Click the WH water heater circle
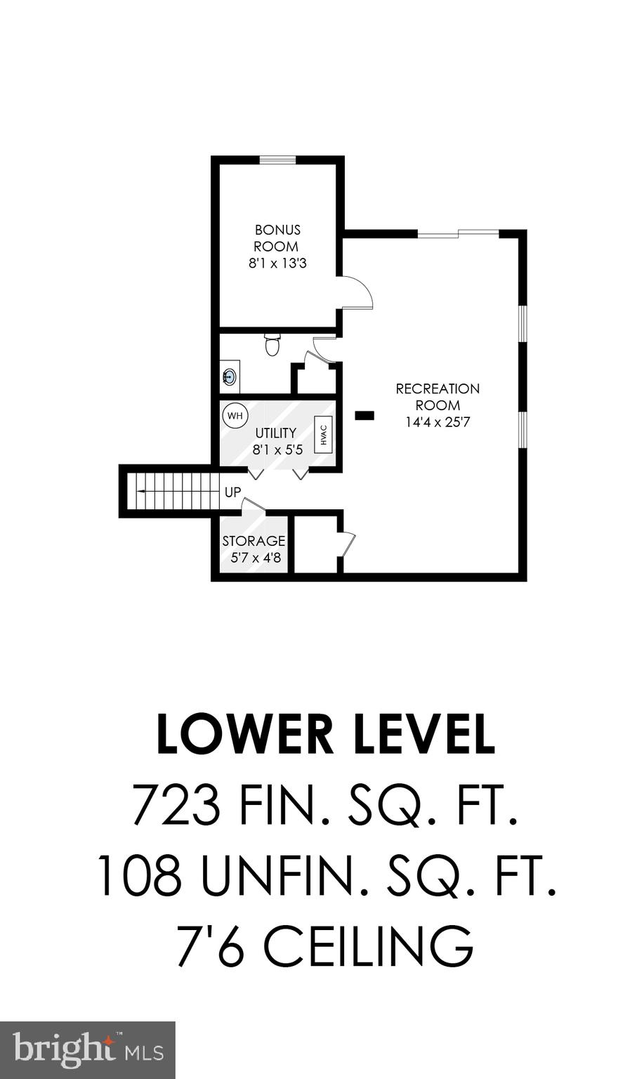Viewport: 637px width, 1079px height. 235,415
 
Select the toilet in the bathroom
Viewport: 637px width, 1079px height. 272,345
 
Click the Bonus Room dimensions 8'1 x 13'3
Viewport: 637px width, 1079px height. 278,264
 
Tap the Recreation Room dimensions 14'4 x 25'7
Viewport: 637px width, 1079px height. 438,422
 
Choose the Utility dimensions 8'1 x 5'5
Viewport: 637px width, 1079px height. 277,450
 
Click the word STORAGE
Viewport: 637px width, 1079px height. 254,541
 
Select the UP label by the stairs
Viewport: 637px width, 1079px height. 232,492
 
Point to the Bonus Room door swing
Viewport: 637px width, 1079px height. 357,292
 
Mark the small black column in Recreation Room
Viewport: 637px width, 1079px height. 364,415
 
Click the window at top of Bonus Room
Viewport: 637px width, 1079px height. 277,161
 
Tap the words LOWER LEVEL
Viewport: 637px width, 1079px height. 325,735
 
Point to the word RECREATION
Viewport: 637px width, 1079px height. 438,388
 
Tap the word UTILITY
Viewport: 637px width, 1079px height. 275,433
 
